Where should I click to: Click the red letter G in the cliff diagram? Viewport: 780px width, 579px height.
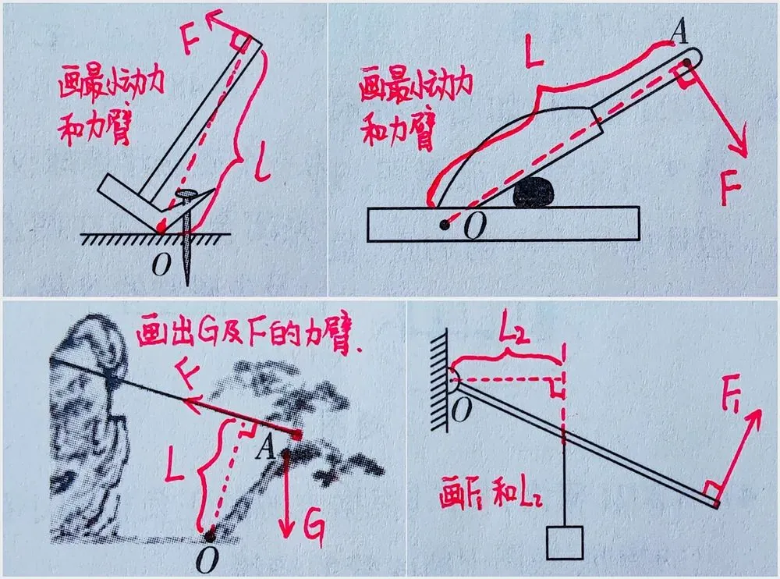315,529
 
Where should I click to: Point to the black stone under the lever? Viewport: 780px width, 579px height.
535,192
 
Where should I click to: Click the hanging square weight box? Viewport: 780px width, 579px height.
565,542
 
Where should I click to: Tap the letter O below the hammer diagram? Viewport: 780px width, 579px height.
161,265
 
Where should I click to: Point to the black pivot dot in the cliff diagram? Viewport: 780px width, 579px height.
210,536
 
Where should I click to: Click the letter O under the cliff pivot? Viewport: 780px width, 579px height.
207,560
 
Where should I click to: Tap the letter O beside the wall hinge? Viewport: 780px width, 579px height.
462,410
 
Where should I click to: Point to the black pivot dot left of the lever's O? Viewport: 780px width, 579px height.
445,225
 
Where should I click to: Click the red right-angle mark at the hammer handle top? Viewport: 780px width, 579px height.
239,43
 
